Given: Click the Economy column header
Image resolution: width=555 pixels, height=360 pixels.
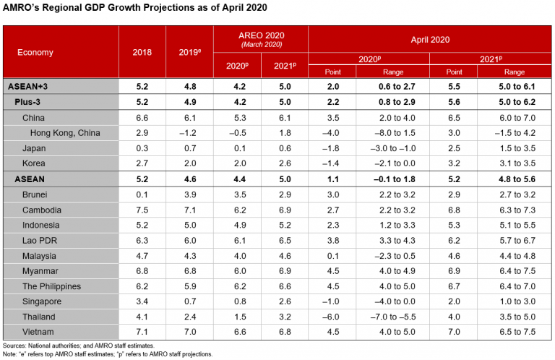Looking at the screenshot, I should click(x=35, y=53).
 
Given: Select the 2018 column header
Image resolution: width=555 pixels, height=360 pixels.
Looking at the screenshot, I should click(x=142, y=53).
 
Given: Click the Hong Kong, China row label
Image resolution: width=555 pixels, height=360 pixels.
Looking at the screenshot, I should click(x=65, y=132).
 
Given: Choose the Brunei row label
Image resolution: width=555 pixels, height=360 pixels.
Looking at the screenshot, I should click(x=37, y=194).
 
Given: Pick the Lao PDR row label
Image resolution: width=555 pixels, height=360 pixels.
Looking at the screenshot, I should click(x=40, y=241).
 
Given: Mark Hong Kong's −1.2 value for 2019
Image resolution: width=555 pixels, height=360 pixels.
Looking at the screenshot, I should click(x=189, y=132).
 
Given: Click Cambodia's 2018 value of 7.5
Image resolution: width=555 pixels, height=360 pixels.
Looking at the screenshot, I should click(x=142, y=210).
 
